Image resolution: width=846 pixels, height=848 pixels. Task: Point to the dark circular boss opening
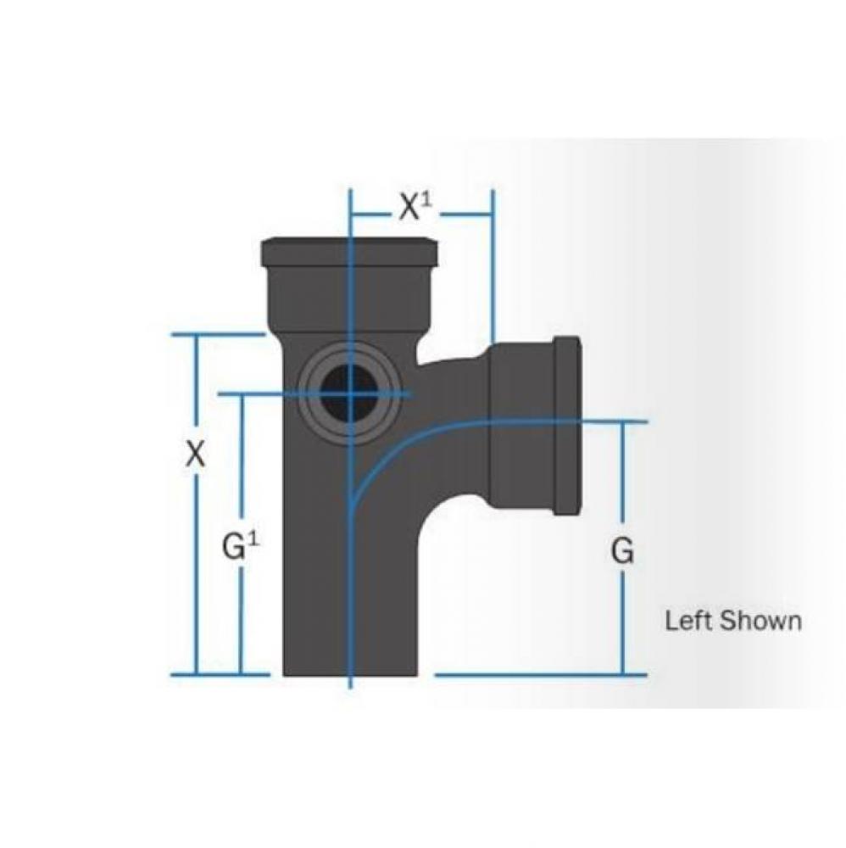pos(348,394)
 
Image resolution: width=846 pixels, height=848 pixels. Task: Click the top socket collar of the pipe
pos(349,251)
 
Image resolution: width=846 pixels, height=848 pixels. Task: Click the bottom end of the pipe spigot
pos(349,670)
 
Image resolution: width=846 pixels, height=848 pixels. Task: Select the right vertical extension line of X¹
pos(493,271)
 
